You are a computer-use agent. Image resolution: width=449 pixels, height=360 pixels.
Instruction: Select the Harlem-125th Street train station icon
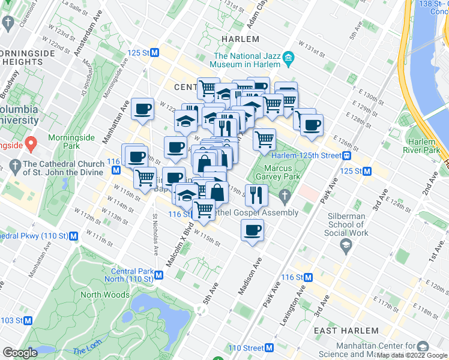click(x=347, y=155)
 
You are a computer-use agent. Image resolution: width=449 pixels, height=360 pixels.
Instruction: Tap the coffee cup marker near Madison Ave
click(x=252, y=230)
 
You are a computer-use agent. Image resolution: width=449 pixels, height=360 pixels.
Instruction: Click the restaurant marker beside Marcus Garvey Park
click(x=256, y=194)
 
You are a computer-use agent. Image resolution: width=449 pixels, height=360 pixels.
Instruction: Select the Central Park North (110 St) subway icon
click(x=158, y=275)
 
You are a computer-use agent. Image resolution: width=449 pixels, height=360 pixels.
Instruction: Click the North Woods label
click(x=105, y=295)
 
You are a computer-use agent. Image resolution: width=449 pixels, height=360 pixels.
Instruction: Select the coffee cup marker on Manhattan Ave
click(x=143, y=109)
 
